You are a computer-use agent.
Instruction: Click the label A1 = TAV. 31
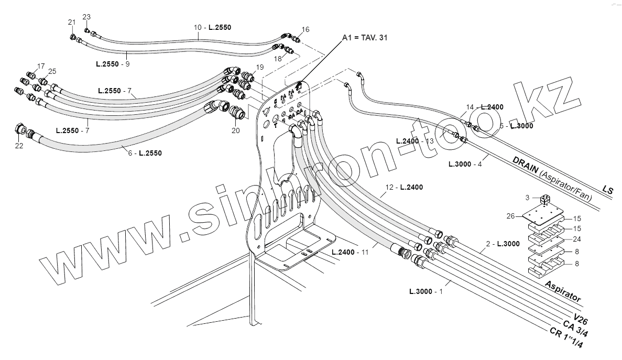(365, 38)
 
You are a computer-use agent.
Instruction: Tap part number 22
(19, 146)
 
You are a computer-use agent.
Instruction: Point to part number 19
(259, 67)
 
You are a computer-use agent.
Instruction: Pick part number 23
(86, 17)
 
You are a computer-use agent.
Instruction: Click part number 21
(72, 22)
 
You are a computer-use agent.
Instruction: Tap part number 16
(306, 29)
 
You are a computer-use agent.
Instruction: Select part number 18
(278, 59)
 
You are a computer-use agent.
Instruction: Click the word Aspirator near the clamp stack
(563, 291)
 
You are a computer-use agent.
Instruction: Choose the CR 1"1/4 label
(566, 339)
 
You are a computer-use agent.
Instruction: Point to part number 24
(576, 239)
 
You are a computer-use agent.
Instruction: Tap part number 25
(52, 71)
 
